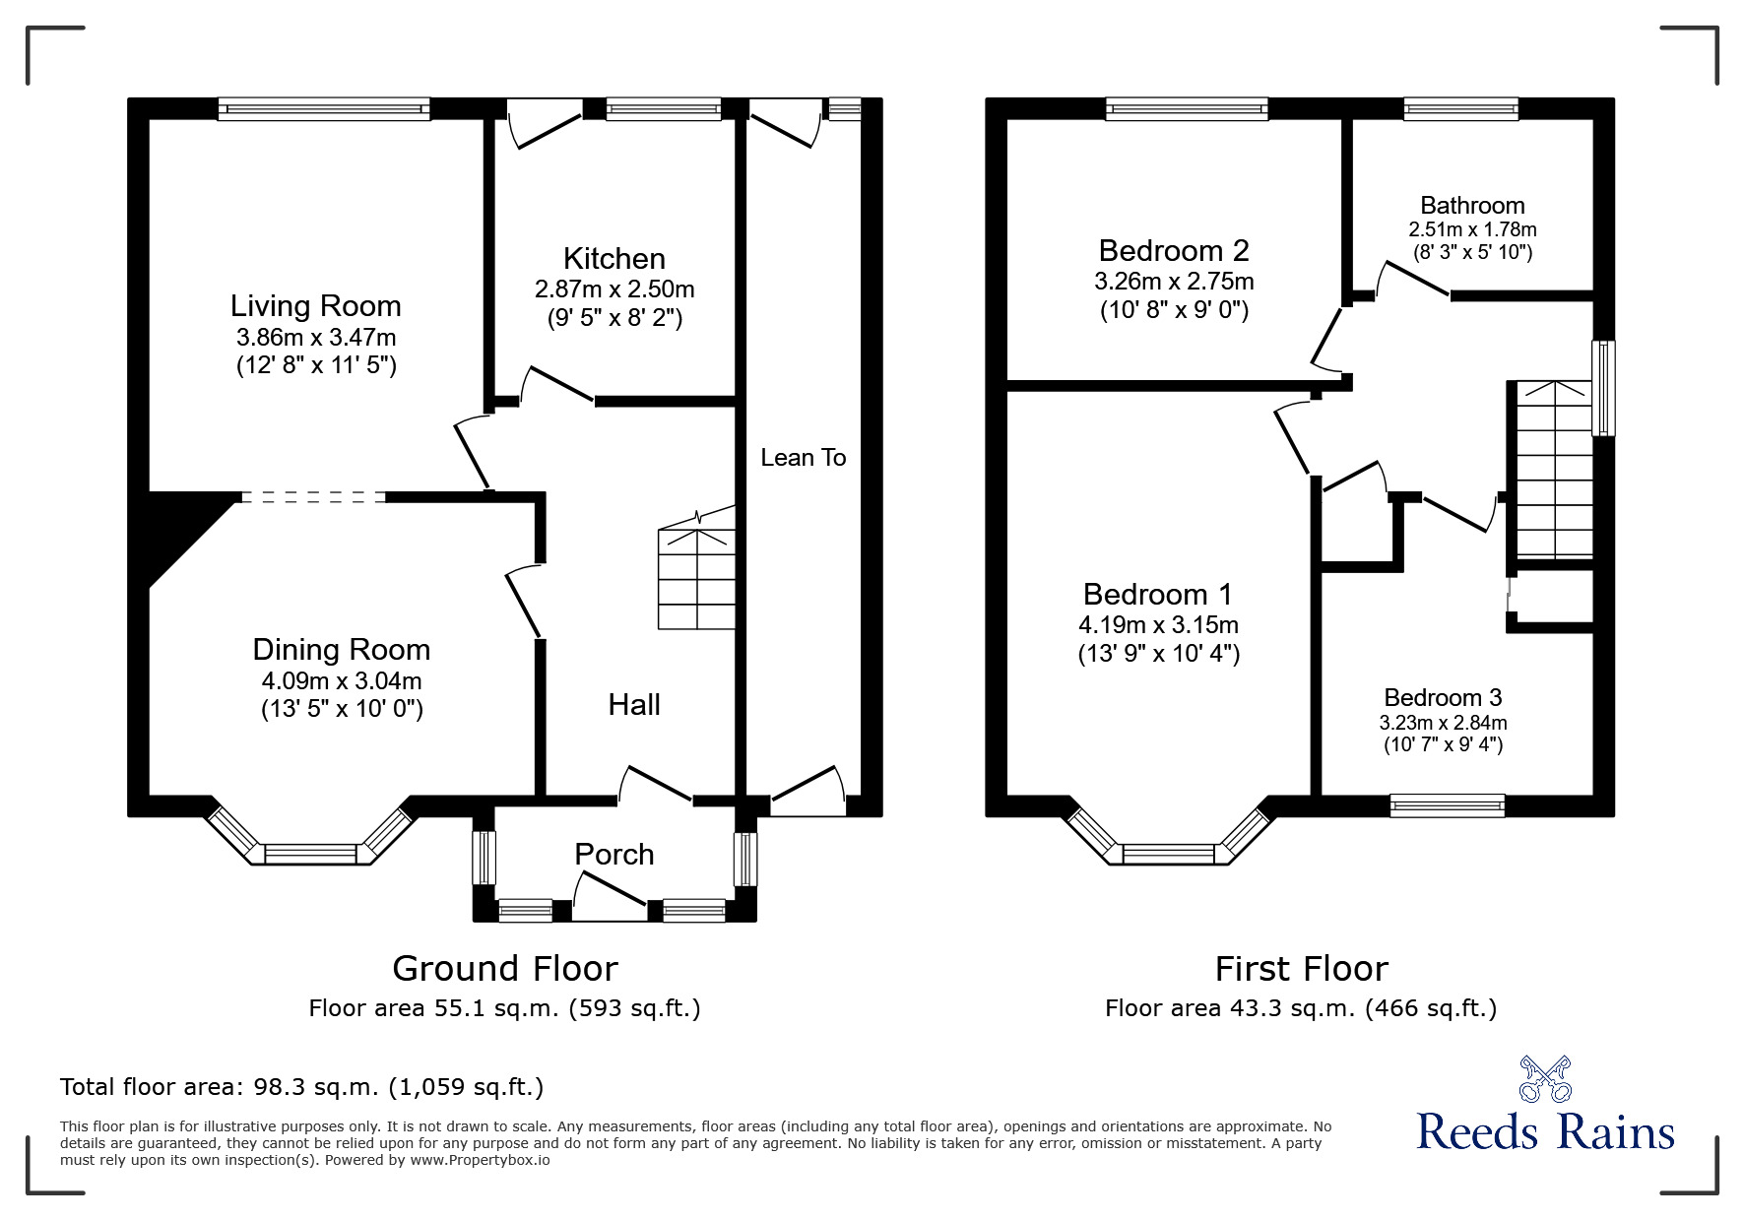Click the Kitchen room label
click(x=614, y=259)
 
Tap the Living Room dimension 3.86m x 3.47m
click(x=316, y=337)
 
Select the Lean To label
click(x=803, y=458)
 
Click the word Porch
click(x=614, y=854)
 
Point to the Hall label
click(x=633, y=705)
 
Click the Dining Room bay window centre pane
click(x=310, y=854)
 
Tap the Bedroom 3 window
click(x=1447, y=805)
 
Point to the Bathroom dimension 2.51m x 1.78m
click(x=1472, y=229)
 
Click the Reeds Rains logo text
click(x=1545, y=1132)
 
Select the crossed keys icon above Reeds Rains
click(x=1545, y=1079)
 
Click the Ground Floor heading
click(x=504, y=969)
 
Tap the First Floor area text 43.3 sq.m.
click(x=1300, y=1008)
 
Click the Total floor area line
click(x=301, y=1087)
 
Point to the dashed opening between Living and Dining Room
click(x=312, y=497)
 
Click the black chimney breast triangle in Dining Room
click(x=177, y=532)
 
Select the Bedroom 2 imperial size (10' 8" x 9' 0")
click(x=1174, y=311)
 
